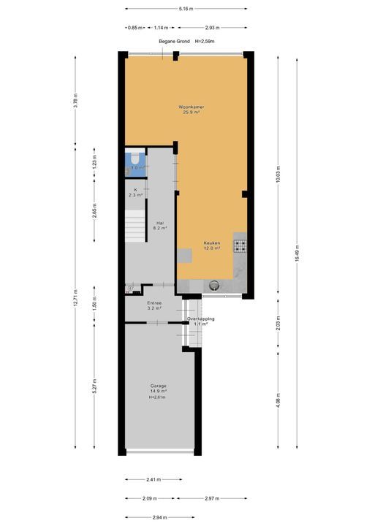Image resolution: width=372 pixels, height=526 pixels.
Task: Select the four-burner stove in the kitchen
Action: pos(240,245)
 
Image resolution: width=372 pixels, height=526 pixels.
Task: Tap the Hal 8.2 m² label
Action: pos(160,225)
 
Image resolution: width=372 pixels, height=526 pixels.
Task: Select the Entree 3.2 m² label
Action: pos(154,305)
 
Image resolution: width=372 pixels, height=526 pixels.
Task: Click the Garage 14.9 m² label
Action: pos(159,389)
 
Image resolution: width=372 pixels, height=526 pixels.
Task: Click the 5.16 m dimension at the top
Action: pos(186,9)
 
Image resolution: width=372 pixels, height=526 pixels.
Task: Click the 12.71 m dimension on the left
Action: pos(75,300)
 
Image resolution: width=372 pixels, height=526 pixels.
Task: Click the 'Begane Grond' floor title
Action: pos(175,42)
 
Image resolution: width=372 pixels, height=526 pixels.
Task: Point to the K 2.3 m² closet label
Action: pos(135,192)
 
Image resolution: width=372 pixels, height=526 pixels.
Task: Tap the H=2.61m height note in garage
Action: pos(159,397)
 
